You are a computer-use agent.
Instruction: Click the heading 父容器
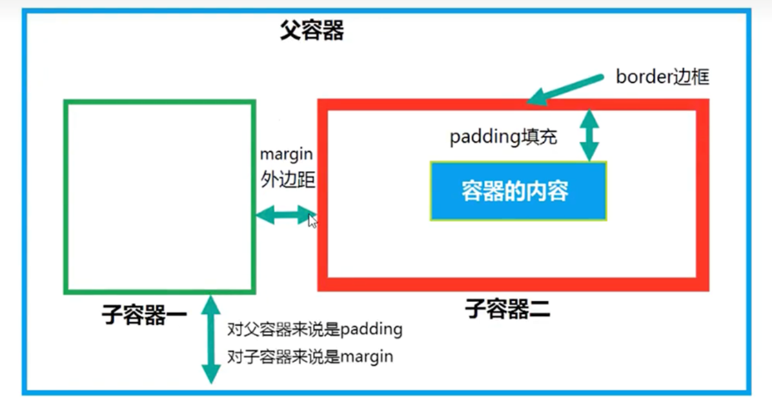[x=312, y=30]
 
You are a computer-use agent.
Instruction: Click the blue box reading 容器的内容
[x=518, y=190]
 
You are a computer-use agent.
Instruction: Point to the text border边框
[x=662, y=77]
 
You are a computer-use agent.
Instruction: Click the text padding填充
[x=503, y=137]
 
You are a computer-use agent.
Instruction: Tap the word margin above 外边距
[x=286, y=154]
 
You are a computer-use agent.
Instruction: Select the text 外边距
[x=287, y=180]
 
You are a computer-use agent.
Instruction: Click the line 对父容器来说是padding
[x=314, y=329]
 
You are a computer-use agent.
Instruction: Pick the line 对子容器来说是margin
[x=309, y=357]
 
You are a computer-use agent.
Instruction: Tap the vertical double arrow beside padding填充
[x=589, y=135]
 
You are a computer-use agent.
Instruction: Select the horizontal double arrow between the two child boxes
[x=285, y=215]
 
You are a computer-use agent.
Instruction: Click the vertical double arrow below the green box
[x=210, y=338]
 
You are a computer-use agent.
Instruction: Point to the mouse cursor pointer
[x=312, y=221]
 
